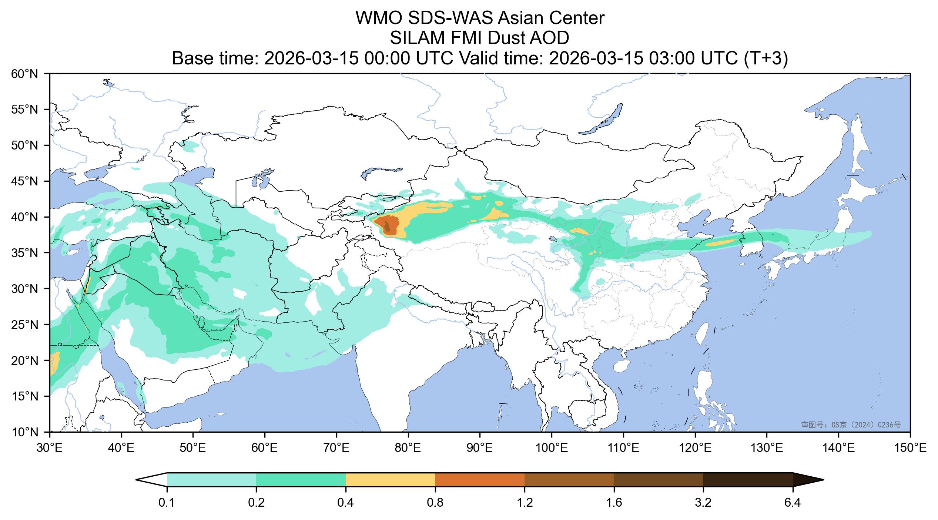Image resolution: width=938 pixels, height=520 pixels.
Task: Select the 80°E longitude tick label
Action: tap(408, 449)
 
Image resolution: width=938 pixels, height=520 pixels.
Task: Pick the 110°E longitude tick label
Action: tap(623, 449)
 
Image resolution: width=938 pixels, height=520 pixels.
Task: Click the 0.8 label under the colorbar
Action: tap(435, 503)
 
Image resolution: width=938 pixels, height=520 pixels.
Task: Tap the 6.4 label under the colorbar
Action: tap(793, 503)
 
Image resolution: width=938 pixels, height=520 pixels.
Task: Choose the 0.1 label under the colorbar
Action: tap(167, 503)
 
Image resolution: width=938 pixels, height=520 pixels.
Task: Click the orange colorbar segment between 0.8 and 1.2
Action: tap(480, 480)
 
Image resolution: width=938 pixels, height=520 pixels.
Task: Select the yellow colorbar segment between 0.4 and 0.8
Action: tap(390, 480)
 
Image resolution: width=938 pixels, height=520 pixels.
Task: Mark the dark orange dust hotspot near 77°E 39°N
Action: tap(387, 226)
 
